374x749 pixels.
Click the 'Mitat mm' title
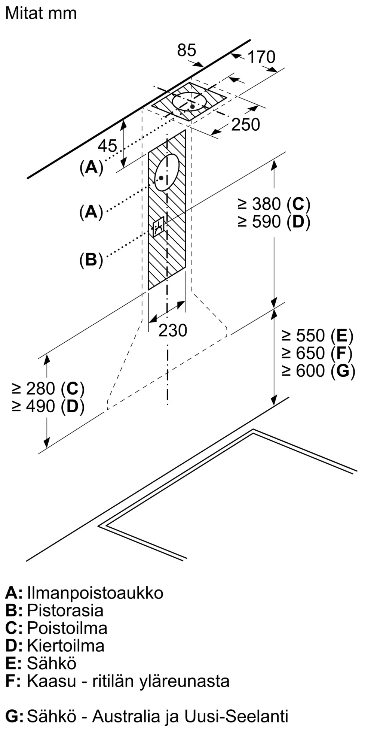coord(41,14)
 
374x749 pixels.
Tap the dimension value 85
coord(186,50)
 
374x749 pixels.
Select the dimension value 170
coord(261,57)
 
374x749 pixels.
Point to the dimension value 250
coord(245,125)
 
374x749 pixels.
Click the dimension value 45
coord(107,146)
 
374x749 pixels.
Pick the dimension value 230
coord(172,330)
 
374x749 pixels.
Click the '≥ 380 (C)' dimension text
coord(274,204)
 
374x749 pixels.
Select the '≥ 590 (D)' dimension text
coord(274,222)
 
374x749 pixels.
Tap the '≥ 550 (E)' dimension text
coord(318,336)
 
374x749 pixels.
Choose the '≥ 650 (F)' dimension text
coord(318,353)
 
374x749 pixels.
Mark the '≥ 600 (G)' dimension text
coord(318,371)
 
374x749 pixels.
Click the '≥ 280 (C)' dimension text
coord(48,389)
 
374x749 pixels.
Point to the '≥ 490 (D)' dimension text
coord(48,406)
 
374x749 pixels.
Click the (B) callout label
coord(91,260)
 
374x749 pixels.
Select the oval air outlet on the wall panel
coord(167,172)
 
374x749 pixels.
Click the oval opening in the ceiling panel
coord(190,101)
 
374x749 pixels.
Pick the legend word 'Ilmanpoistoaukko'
coord(95,593)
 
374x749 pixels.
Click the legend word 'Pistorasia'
coord(65,610)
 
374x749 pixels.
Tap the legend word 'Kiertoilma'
coord(65,646)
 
